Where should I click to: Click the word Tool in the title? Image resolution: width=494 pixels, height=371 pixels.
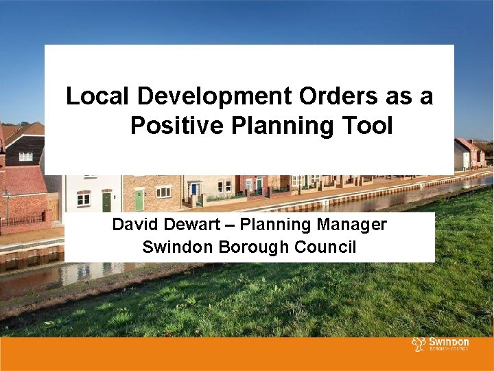[x=370, y=126]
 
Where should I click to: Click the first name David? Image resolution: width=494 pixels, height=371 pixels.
[x=134, y=225]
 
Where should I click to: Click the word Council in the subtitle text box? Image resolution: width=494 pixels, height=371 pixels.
[x=326, y=247]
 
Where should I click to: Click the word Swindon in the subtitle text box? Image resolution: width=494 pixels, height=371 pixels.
[x=175, y=247]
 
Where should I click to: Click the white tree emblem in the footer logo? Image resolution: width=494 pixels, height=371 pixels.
[x=418, y=344]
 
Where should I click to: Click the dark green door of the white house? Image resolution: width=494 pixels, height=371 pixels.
[x=106, y=201]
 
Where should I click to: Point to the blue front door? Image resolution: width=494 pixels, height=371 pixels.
[x=194, y=189]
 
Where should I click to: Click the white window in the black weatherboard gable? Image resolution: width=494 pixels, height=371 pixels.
[x=25, y=156]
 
